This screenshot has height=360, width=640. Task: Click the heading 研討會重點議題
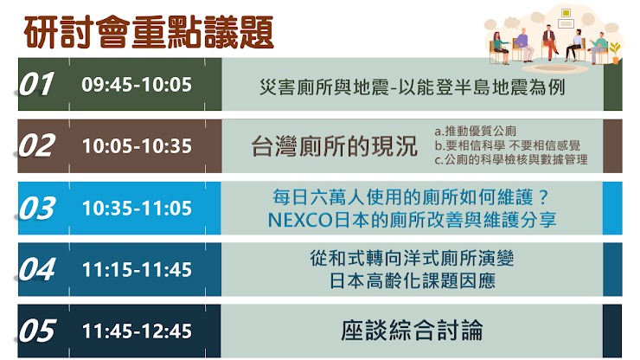click(x=149, y=33)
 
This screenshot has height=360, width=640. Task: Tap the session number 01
click(x=36, y=84)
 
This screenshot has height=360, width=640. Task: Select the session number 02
click(x=36, y=146)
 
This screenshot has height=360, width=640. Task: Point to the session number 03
click(x=36, y=208)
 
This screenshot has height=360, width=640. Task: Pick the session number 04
click(x=36, y=269)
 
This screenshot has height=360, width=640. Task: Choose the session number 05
click(x=36, y=331)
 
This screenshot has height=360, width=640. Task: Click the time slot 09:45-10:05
click(x=137, y=85)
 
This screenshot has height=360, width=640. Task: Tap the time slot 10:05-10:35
click(x=137, y=146)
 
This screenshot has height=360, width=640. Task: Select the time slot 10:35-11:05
click(x=137, y=209)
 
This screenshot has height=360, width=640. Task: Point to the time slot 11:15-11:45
click(x=137, y=270)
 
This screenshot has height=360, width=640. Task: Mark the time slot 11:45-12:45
click(x=137, y=331)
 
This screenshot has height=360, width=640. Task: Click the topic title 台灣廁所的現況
click(x=335, y=146)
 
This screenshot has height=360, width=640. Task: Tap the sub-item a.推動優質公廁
click(x=475, y=132)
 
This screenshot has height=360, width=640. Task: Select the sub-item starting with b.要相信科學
click(x=508, y=145)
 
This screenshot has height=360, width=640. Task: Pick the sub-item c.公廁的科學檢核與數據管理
click(x=511, y=159)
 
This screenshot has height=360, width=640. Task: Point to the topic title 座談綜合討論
click(x=412, y=331)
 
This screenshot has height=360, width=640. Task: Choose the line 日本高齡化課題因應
click(x=413, y=280)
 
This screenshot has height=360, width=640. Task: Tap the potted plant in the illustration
click(x=615, y=53)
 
